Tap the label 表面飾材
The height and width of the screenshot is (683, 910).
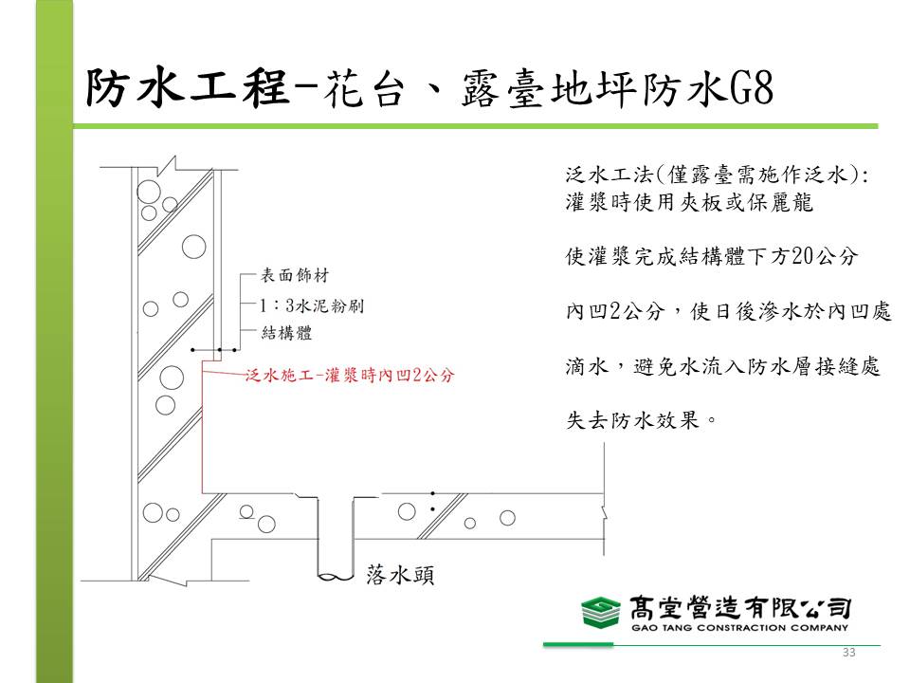click(295, 275)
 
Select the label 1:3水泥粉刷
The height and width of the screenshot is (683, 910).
click(311, 305)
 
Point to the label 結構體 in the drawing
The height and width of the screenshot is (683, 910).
click(286, 333)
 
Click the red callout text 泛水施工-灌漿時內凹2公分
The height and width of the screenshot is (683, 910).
click(350, 376)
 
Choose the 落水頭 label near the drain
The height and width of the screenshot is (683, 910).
click(400, 575)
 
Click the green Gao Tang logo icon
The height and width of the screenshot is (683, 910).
click(601, 612)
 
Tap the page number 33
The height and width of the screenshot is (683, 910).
click(849, 653)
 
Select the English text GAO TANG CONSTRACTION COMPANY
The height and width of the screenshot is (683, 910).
click(740, 628)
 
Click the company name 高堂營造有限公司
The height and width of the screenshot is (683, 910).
click(740, 608)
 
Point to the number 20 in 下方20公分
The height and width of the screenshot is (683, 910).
click(804, 255)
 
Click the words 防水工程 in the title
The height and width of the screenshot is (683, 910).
click(188, 88)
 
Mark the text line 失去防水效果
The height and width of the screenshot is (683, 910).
click(642, 419)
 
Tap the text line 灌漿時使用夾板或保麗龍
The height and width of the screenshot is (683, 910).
click(689, 201)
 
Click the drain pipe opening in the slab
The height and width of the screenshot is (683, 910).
click(336, 498)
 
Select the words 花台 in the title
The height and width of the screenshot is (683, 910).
click(364, 89)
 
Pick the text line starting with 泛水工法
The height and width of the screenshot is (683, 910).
click(718, 175)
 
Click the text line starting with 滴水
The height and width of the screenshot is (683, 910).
click(723, 366)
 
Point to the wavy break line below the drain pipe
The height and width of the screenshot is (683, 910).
click(336, 578)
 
